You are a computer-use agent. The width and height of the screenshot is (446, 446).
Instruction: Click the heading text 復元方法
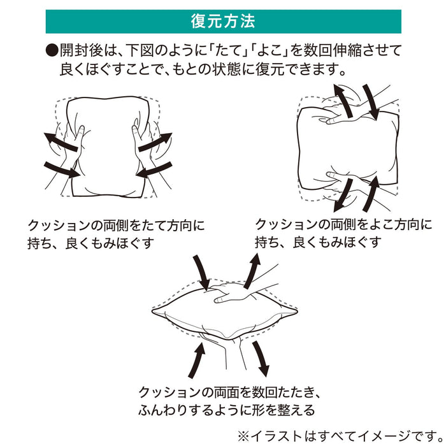[223, 21]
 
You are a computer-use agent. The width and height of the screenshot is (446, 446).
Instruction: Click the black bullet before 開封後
[51, 51]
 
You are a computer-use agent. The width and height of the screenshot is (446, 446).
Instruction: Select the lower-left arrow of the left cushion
[62, 168]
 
